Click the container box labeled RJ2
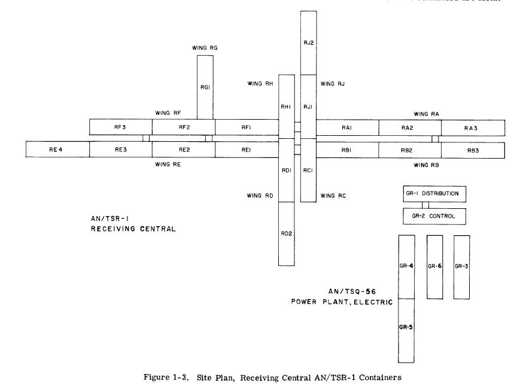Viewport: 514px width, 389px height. [x=309, y=42]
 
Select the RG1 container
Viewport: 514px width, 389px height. [x=205, y=87]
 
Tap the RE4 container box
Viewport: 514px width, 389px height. [x=57, y=149]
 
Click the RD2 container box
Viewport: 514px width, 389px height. [x=286, y=233]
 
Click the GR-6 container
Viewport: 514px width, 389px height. [x=434, y=266]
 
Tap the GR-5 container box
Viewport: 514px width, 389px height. [x=406, y=330]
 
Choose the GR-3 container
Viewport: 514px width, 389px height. [x=461, y=266]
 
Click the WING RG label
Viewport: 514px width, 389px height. [x=205, y=47]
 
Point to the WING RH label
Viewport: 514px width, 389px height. [x=260, y=84]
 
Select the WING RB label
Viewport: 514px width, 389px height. [x=426, y=163]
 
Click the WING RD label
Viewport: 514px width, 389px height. [x=260, y=195]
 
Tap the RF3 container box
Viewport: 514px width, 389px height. [x=120, y=127]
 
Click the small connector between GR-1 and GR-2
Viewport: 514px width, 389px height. [x=425, y=205]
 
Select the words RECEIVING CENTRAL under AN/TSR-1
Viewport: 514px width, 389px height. [x=129, y=228]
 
